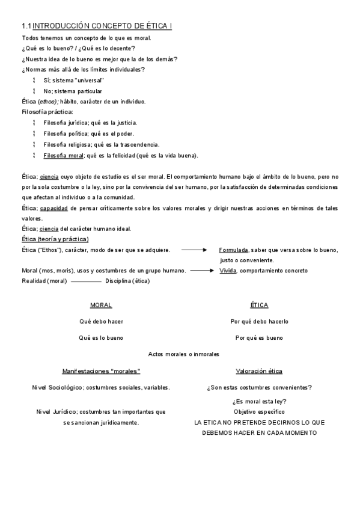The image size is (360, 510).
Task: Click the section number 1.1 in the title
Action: point(26,26)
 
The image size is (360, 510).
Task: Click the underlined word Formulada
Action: point(234,250)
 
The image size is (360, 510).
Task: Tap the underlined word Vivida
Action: point(228,271)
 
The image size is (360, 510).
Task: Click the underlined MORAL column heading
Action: point(101,306)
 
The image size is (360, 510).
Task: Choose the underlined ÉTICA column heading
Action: point(259,306)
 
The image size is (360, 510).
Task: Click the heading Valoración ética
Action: point(259,371)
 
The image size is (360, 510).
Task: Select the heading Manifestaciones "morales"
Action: point(101,371)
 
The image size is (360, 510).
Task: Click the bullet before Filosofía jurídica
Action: point(35,123)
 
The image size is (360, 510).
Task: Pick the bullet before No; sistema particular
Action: point(35,91)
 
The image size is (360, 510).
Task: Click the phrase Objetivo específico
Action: point(259,412)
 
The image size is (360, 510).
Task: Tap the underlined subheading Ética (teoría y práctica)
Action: point(55,239)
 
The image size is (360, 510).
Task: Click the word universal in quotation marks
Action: point(90,80)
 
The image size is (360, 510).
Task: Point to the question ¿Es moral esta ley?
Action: point(259,402)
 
